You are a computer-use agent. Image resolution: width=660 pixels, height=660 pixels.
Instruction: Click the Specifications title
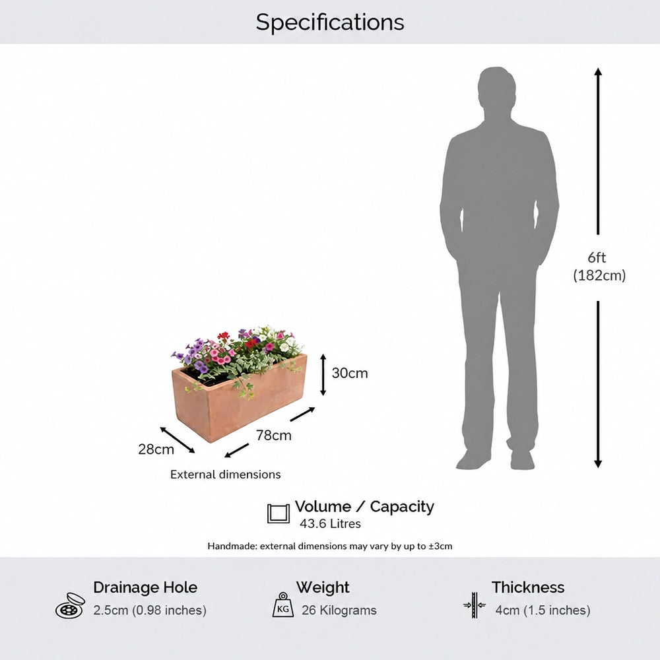pos(330,22)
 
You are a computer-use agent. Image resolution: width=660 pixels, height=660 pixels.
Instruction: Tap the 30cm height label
pos(350,373)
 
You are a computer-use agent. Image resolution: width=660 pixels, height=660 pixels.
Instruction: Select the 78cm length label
pos(274,435)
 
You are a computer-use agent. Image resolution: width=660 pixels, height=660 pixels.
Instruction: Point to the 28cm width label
pos(156,449)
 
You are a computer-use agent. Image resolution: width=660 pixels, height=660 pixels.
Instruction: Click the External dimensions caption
pos(225,475)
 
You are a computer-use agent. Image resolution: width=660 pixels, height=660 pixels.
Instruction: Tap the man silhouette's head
pos(496,90)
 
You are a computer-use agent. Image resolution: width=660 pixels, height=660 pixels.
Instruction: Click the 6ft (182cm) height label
pos(599,266)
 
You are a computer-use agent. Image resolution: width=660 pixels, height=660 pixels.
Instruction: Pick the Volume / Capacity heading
pos(364,506)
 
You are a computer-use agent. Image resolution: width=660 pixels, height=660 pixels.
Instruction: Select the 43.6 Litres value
pos(331,523)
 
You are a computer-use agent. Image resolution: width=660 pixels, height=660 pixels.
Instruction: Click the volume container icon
pos(279,513)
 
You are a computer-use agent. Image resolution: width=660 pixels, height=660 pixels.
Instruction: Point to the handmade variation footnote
pos(330,546)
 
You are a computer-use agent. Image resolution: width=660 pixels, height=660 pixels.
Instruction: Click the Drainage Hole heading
pos(145,587)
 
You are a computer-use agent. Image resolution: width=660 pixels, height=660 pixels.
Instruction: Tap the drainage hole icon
pos(70,606)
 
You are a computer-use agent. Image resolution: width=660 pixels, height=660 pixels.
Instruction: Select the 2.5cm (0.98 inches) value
pos(150,610)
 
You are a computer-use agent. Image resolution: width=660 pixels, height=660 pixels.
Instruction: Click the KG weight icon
pos(283,605)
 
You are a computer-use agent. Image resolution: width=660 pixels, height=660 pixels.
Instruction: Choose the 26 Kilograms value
pos(339,610)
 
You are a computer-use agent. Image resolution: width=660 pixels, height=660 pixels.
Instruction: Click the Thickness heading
pos(528,587)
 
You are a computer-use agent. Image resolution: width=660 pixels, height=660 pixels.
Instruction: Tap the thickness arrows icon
pos(475,605)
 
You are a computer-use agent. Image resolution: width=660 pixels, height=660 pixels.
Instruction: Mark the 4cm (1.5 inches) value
pos(543,610)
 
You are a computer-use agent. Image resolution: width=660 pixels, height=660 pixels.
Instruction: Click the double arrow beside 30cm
pos(323,375)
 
